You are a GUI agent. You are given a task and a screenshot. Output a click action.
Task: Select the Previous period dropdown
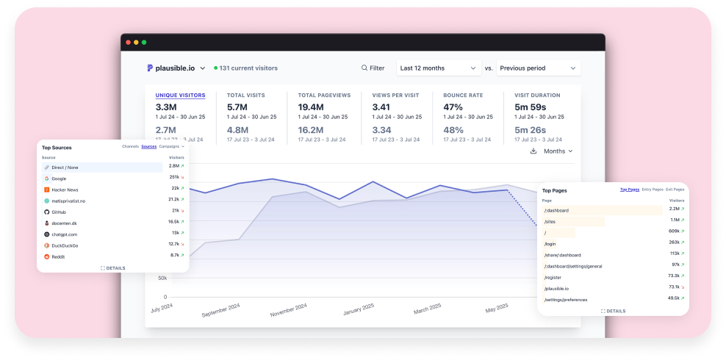538,68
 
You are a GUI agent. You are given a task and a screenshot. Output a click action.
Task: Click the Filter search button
373,68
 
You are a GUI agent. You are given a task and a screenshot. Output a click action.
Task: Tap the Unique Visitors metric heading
180,96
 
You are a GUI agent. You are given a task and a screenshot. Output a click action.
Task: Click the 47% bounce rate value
453,107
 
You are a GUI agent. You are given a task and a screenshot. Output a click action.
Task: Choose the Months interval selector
558,151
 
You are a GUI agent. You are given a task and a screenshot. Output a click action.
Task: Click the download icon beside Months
533,151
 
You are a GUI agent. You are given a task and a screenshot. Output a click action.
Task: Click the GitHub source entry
60,212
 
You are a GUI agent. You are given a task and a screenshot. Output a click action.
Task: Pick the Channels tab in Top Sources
130,147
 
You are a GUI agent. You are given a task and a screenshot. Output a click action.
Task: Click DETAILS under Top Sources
113,268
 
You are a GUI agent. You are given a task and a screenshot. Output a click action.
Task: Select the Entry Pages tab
652,190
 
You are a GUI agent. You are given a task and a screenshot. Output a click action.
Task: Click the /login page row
551,243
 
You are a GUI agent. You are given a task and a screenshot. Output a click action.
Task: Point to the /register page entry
553,278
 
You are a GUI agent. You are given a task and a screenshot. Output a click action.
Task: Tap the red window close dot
129,43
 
